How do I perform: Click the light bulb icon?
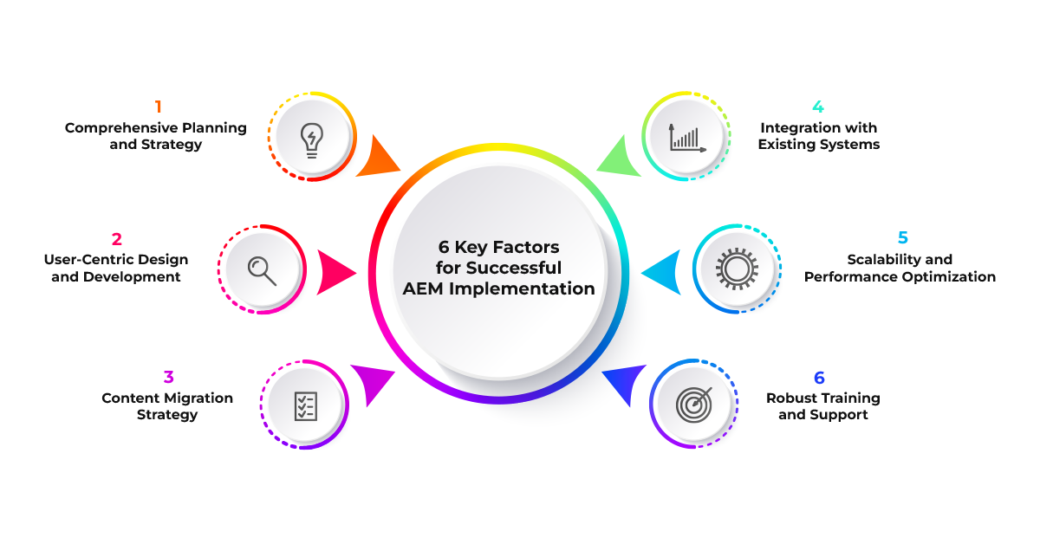click(311, 138)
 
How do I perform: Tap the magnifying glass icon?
click(262, 270)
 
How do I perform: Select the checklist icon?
click(305, 405)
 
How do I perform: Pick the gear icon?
click(736, 269)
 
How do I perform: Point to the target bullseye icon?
click(693, 404)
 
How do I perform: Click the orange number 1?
click(158, 107)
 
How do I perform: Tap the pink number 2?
click(116, 239)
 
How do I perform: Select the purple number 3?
click(168, 378)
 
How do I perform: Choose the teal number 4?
click(818, 107)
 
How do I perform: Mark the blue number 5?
click(902, 238)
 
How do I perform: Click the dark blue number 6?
click(819, 378)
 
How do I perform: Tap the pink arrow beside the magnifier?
click(336, 272)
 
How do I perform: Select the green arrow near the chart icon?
click(621, 157)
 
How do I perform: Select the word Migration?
click(198, 398)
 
